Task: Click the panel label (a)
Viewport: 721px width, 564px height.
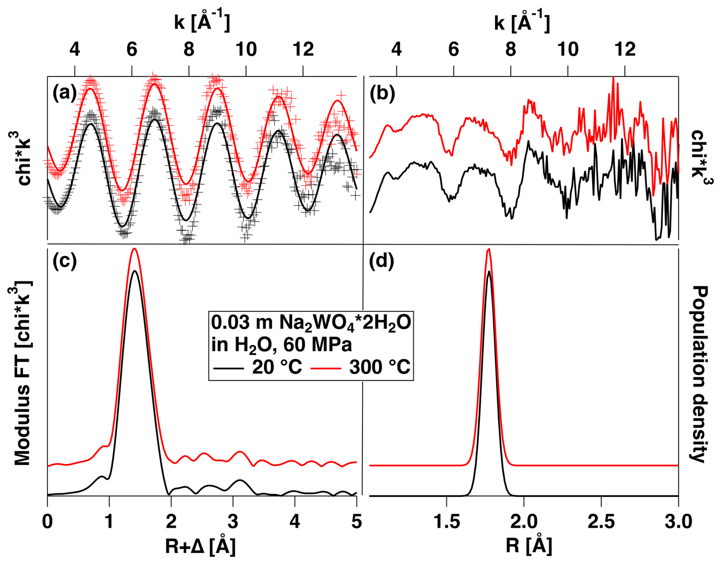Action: [65, 93]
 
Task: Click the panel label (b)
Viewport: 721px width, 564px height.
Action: [382, 93]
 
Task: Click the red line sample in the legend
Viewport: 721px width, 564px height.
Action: [326, 368]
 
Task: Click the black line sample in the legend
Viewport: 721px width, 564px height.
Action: [228, 368]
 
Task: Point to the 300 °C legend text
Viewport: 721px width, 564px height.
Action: [380, 367]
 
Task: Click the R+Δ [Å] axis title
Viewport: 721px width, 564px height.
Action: [200, 546]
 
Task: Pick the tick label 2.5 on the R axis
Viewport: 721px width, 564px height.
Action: [601, 522]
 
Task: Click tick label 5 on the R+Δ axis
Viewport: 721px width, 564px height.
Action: [356, 522]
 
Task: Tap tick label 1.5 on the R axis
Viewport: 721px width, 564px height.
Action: [447, 522]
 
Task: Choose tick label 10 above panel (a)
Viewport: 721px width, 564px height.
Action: [246, 50]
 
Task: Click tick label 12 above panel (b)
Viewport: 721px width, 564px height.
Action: [625, 50]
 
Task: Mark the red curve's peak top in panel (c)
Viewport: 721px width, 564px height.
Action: [134, 249]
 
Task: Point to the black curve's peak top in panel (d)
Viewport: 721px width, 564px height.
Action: [489, 271]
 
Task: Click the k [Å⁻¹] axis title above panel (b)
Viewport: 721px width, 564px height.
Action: [522, 22]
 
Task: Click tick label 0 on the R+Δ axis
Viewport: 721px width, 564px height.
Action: [47, 522]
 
